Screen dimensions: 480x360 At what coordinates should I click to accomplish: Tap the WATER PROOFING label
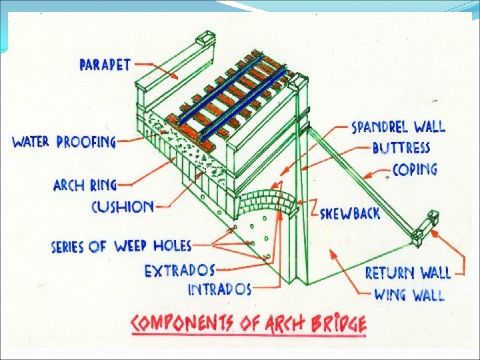64,142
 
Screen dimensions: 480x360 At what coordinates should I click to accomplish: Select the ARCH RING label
85,184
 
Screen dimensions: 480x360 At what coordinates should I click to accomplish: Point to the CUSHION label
122,206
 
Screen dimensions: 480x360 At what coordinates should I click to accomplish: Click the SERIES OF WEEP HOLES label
121,246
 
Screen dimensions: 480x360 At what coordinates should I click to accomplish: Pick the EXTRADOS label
180,270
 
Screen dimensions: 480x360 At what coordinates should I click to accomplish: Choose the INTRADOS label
219,289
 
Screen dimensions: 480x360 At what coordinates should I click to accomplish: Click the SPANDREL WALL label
398,127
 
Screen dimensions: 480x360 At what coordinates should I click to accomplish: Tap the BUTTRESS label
401,147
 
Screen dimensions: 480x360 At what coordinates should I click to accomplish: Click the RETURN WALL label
408,273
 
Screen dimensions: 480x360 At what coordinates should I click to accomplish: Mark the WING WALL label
409,294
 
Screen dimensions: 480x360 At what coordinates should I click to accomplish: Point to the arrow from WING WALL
350,272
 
